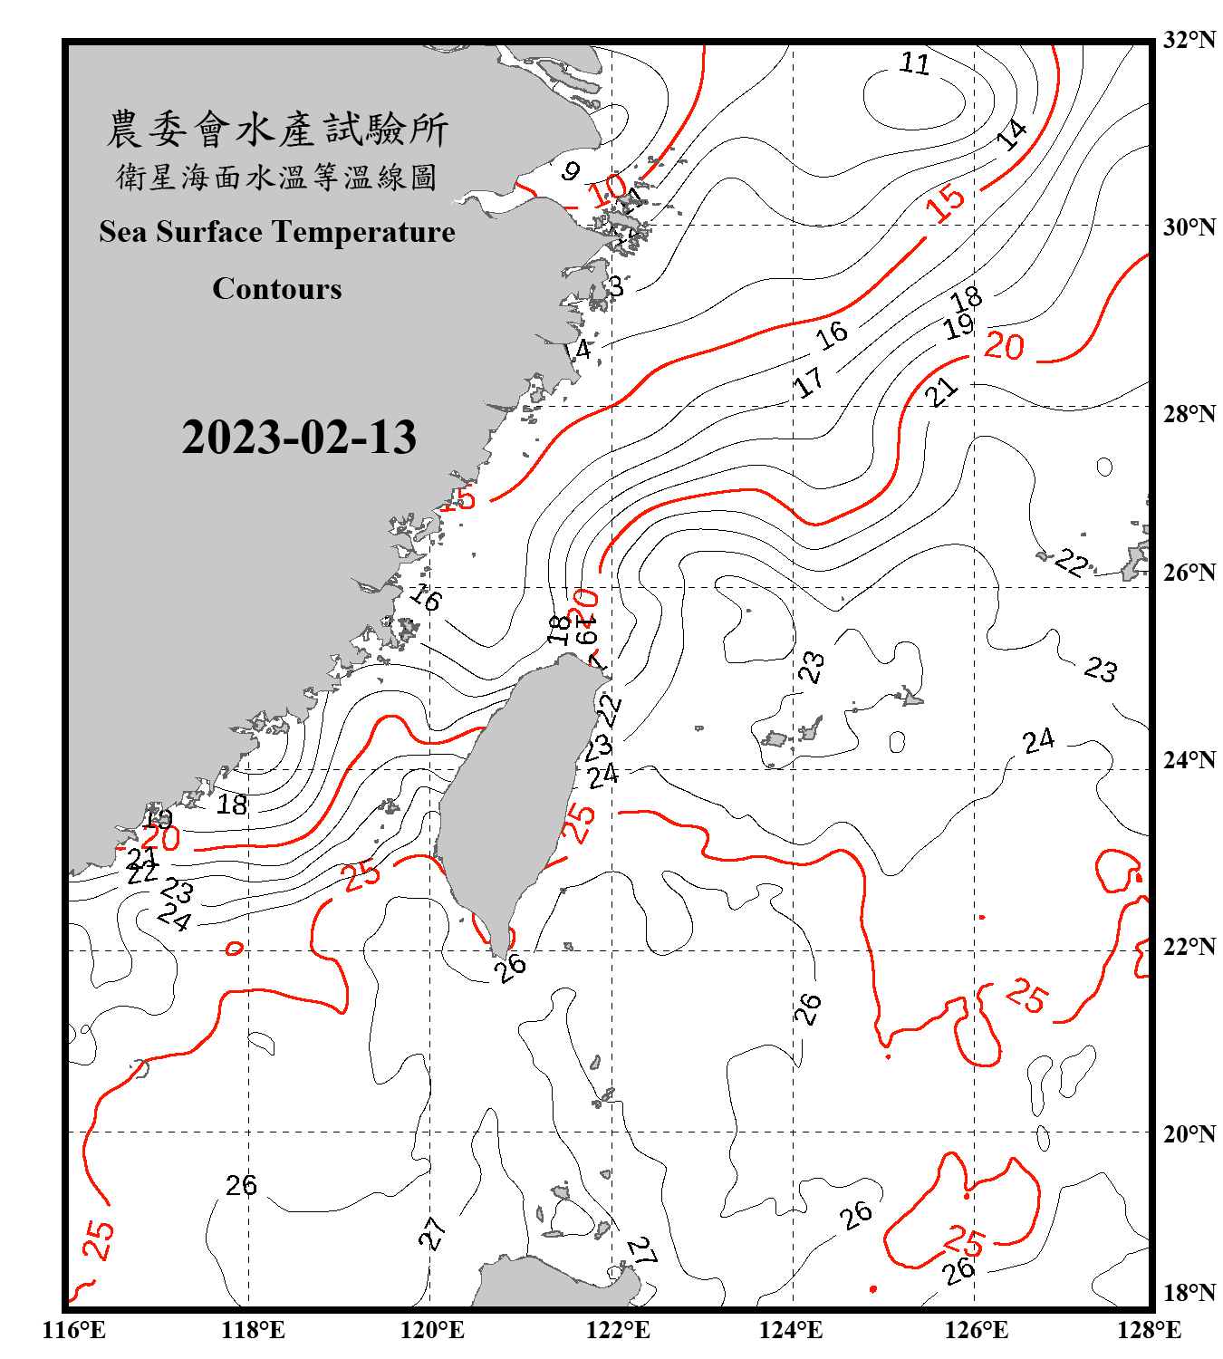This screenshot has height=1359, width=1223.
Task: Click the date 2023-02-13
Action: coord(299,438)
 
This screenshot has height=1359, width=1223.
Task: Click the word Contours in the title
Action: coord(277,289)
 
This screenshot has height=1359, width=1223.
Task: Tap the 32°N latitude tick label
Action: coord(1189,40)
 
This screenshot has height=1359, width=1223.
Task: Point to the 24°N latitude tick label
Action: coord(1189,759)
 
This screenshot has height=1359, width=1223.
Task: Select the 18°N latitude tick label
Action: coord(1189,1292)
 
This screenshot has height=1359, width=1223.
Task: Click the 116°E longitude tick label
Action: coord(74,1330)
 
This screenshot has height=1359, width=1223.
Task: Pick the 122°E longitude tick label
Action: coord(618,1330)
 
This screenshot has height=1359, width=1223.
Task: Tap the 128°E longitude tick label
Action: coord(1149,1330)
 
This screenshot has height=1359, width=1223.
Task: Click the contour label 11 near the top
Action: coord(915,63)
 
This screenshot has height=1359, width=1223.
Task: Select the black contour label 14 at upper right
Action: coord(1011,133)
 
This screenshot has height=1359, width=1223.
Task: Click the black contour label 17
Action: coord(809,382)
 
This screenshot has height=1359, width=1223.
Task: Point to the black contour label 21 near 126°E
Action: coord(941,392)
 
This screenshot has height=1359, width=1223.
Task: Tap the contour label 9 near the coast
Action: coord(571,170)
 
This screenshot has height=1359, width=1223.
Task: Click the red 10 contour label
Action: coord(607,189)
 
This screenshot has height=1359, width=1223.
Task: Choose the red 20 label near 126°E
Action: coord(1004,346)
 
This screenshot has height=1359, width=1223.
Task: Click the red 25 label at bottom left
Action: coord(99,1239)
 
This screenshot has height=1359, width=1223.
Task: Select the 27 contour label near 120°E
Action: coord(433,1233)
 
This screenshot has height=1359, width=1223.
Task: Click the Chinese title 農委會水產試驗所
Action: coord(277,130)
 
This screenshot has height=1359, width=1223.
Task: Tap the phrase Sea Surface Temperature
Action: coord(277,232)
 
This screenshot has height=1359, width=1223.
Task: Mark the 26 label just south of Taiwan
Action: coord(511,966)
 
